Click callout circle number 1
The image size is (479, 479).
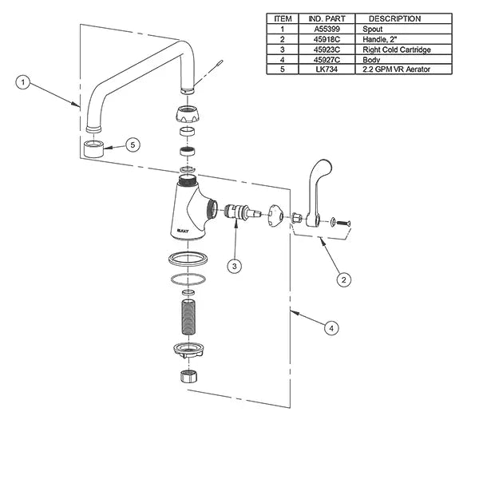(x=23, y=82)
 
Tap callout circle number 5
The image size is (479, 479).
(x=133, y=144)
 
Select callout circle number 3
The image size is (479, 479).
(x=234, y=266)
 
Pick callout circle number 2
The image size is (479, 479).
(x=343, y=279)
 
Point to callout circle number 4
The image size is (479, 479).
(x=331, y=328)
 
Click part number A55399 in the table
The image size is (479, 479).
(x=327, y=29)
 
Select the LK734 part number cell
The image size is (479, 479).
(x=327, y=69)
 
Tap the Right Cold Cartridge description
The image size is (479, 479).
(x=397, y=49)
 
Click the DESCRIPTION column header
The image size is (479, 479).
(x=394, y=18)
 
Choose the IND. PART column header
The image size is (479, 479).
(x=327, y=18)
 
